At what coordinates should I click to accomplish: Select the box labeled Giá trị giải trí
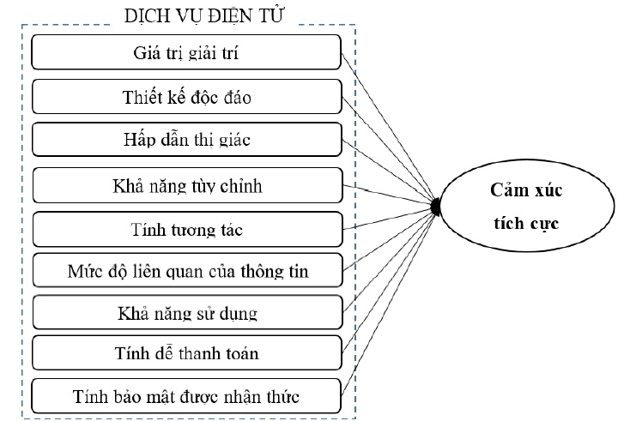[186, 52]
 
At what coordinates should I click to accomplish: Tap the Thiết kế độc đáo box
[186, 96]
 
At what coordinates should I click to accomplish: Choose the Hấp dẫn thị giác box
[186, 140]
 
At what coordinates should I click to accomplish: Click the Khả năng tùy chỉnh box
[186, 184]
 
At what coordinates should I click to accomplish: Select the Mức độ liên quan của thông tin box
[186, 271]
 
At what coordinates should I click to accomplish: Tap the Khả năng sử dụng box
[186, 312]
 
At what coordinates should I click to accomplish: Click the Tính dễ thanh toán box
[186, 353]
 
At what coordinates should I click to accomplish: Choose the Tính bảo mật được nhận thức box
[186, 396]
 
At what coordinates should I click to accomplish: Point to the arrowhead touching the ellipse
[436, 206]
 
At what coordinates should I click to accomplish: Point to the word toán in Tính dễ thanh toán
[239, 353]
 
